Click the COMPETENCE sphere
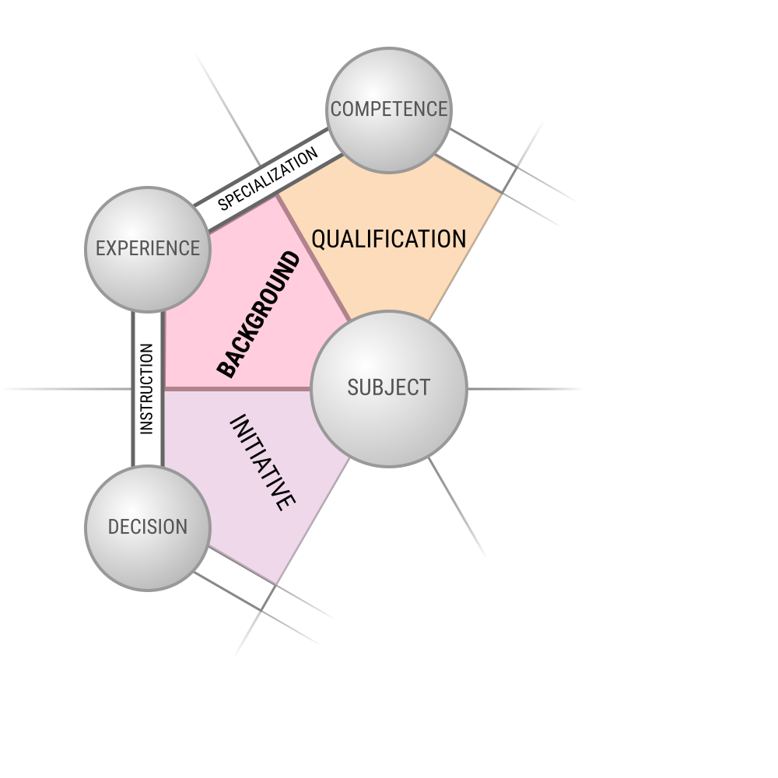click(388, 110)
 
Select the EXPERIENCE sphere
click(147, 250)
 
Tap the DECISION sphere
click(147, 528)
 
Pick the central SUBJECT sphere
click(388, 388)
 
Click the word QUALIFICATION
click(388, 239)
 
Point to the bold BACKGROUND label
click(258, 314)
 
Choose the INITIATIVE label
click(263, 462)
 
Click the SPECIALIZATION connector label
click(268, 179)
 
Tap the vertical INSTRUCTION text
click(147, 388)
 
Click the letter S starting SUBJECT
click(352, 387)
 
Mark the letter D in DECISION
click(114, 527)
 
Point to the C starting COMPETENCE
click(336, 109)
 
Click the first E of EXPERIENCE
click(100, 248)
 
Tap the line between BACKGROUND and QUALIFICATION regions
click(314, 258)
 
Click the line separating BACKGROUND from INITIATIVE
click(237, 388)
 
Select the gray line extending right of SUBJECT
click(524, 388)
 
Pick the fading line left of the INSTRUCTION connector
click(67, 388)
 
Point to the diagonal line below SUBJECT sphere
click(457, 506)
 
